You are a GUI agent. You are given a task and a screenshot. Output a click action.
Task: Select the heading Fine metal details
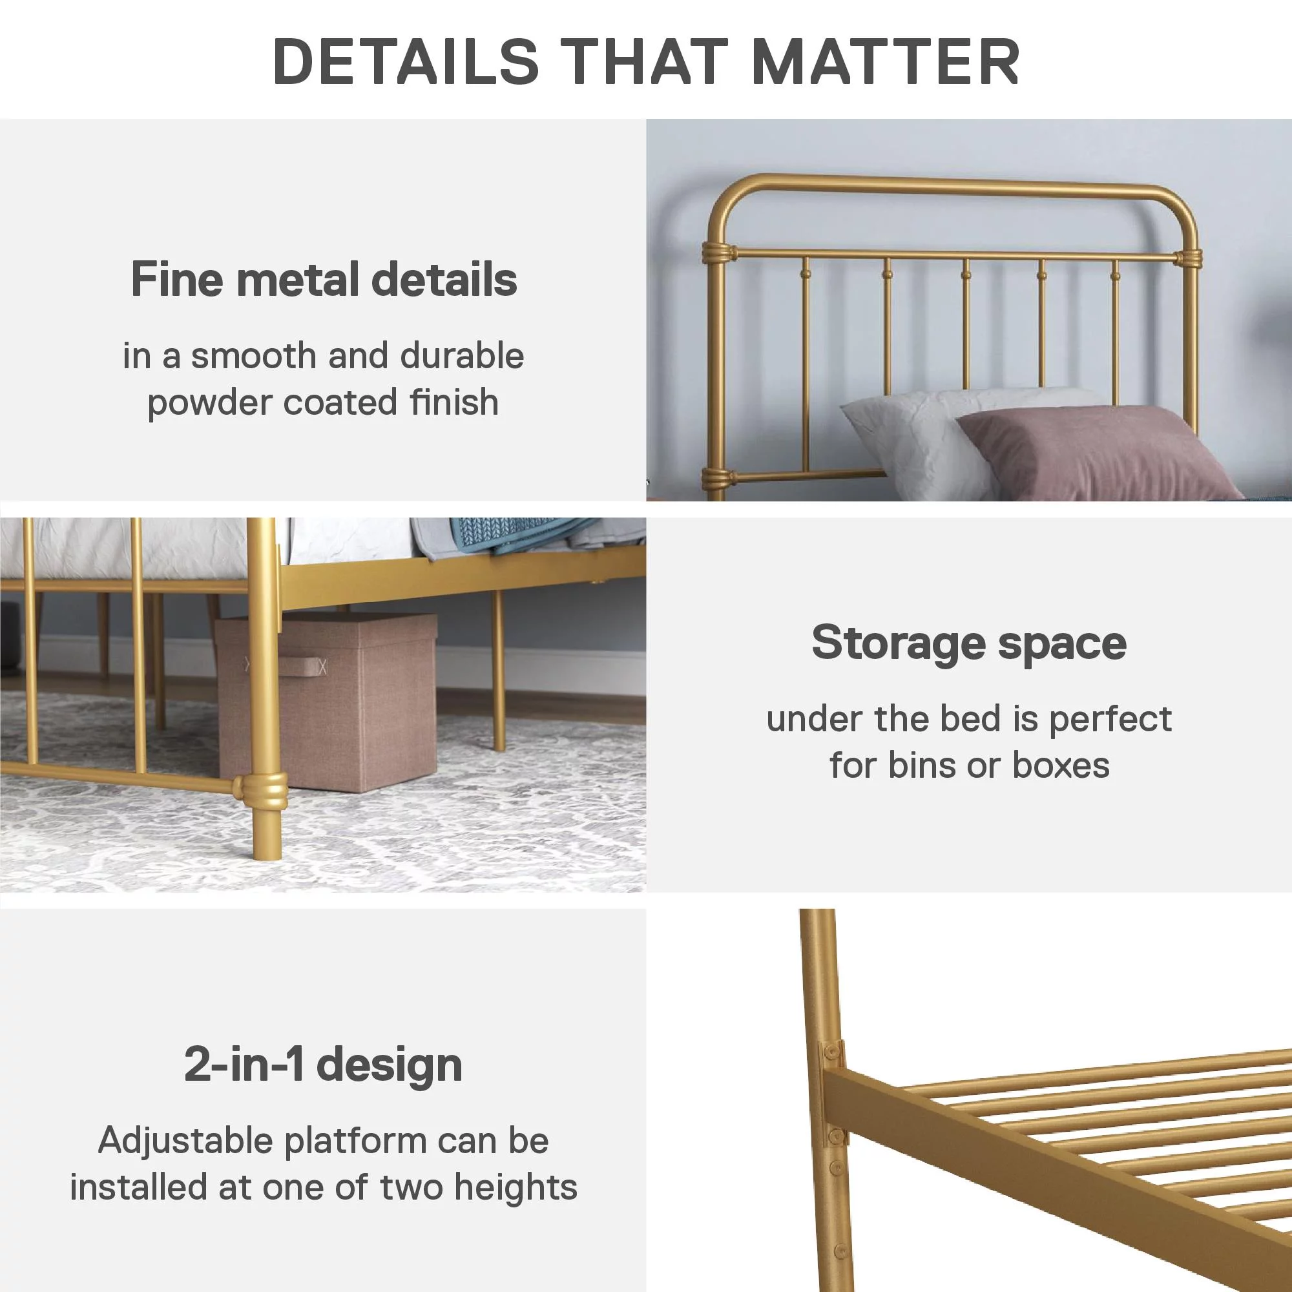point(324,279)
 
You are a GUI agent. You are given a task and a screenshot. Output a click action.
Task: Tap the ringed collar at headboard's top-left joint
point(720,254)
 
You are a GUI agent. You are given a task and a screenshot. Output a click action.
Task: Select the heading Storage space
point(969,643)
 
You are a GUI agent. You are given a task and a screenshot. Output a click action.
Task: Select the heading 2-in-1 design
point(324,1064)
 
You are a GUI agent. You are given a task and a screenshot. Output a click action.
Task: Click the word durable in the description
point(462,355)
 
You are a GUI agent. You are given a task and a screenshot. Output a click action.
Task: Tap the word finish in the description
point(455,402)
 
